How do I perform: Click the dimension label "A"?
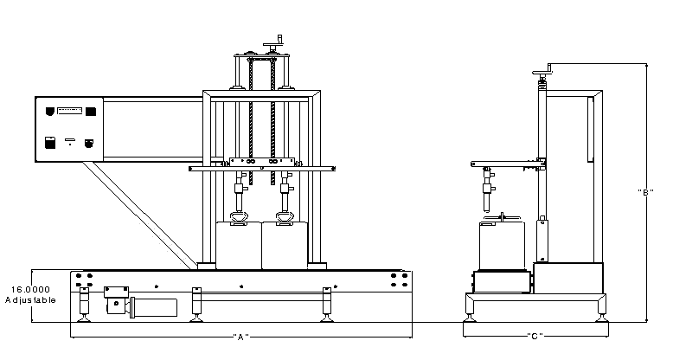[241, 337]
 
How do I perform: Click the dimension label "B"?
[644, 191]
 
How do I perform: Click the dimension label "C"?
[534, 337]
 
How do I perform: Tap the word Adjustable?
[30, 299]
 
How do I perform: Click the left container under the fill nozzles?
[238, 244]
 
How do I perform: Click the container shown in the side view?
[502, 246]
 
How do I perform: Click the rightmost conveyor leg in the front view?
[326, 303]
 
